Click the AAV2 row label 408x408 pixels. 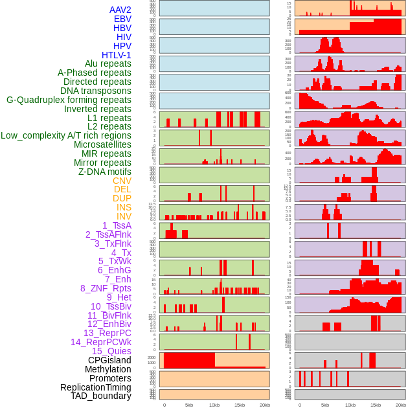pyautogui.click(x=120, y=10)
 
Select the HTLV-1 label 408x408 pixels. pyautogui.click(x=117, y=55)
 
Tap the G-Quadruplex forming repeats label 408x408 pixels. pyautogui.click(x=69, y=100)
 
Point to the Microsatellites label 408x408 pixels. pyautogui.click(x=102, y=144)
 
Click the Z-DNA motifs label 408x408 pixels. pyautogui.click(x=105, y=172)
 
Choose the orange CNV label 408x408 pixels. pyautogui.click(x=122, y=181)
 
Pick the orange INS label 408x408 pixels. pyautogui.click(x=124, y=207)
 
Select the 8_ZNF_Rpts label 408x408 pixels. pyautogui.click(x=106, y=288)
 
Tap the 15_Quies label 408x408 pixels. pyautogui.click(x=111, y=351)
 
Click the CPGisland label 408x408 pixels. pyautogui.click(x=109, y=360)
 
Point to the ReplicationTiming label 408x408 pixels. pyautogui.click(x=96, y=387)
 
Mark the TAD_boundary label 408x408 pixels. pyautogui.click(x=101, y=396)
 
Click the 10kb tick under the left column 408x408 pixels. pyautogui.click(x=214, y=405)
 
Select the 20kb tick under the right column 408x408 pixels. pyautogui.click(x=401, y=405)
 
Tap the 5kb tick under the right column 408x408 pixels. pyautogui.click(x=325, y=405)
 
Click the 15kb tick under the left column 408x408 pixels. pyautogui.click(x=240, y=405)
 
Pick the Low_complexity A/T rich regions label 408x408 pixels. pyautogui.click(x=66, y=135)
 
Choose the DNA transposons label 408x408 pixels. pyautogui.click(x=96, y=91)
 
